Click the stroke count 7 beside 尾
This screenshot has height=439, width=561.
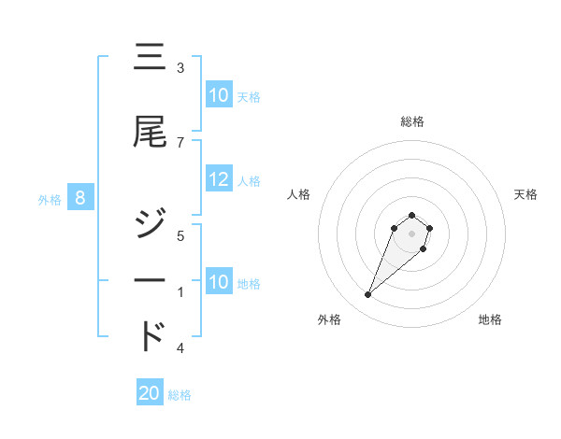pos(180,142)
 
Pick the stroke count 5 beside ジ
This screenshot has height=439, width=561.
pos(180,235)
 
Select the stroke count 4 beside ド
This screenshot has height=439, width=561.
pos(180,348)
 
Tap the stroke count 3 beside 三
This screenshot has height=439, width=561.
pos(180,68)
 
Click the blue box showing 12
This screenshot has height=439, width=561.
pos(219,180)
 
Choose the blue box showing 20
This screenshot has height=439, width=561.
pos(150,394)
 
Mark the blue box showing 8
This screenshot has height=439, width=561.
pos(80,198)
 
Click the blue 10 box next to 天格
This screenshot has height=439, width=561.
pos(219,95)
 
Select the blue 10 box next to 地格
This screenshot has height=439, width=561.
pos(219,282)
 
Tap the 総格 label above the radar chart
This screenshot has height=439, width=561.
pos(412,121)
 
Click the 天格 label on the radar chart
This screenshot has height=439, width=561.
pos(526,194)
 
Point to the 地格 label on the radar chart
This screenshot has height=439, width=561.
pos(490,319)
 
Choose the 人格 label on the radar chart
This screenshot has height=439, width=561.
pos(298,194)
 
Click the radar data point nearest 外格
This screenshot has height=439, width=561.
pos(367,295)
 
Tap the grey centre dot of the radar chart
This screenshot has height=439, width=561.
pos(412,234)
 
